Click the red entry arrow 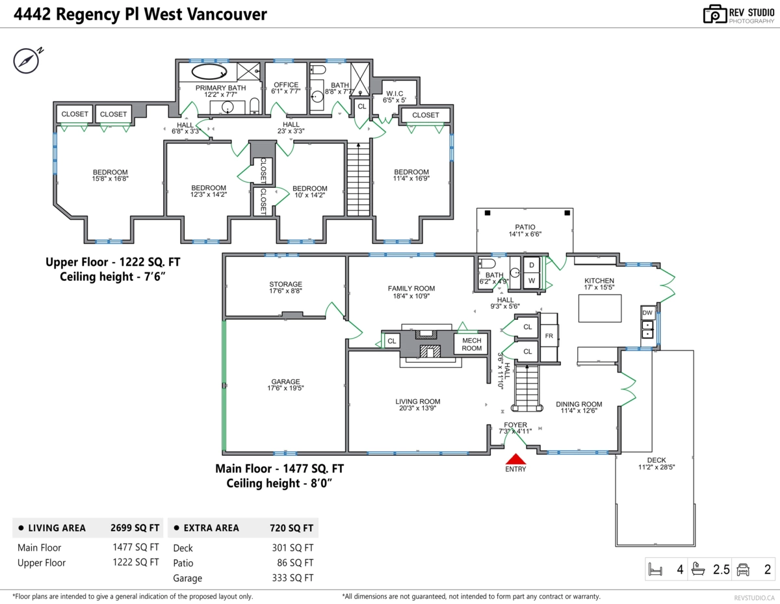coord(515,459)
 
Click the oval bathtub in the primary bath coord(209,72)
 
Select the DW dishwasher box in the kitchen coord(647,313)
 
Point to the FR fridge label coord(549,336)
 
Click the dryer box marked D coord(532,265)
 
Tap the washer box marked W coord(532,281)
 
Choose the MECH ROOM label coord(471,344)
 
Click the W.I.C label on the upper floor coord(395,94)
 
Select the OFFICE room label coord(286,85)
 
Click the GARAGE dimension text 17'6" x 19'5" coord(285,388)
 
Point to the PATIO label coord(525,227)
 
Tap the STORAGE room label coord(286,284)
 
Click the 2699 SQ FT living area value coord(135,528)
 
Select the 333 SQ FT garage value coord(292,578)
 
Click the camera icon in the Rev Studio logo coord(714,14)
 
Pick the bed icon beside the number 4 coord(655,569)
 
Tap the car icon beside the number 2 coord(743,570)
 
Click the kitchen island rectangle coord(600,308)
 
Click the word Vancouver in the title coord(227,15)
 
